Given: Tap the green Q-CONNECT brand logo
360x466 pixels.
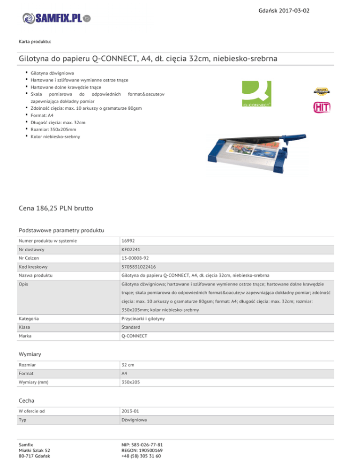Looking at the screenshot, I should [256, 94].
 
